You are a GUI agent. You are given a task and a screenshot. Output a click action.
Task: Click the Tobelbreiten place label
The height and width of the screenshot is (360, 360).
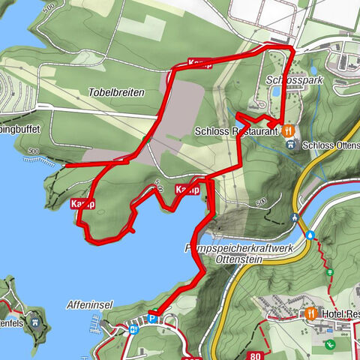click(115, 91)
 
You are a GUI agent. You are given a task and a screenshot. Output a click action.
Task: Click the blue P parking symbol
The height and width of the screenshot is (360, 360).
click(153, 318)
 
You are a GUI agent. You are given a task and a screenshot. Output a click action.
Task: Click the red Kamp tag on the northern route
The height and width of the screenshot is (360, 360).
click(199, 63)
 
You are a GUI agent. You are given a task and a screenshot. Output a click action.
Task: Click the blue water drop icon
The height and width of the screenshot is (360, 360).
click(310, 234)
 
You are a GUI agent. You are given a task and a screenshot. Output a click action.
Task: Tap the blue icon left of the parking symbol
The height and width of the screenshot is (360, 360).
click(135, 328)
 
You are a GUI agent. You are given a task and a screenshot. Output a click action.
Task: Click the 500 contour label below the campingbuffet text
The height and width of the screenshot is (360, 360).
click(32, 151)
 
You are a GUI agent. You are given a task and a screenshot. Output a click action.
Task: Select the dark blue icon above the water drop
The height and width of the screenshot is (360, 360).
click(295, 219)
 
